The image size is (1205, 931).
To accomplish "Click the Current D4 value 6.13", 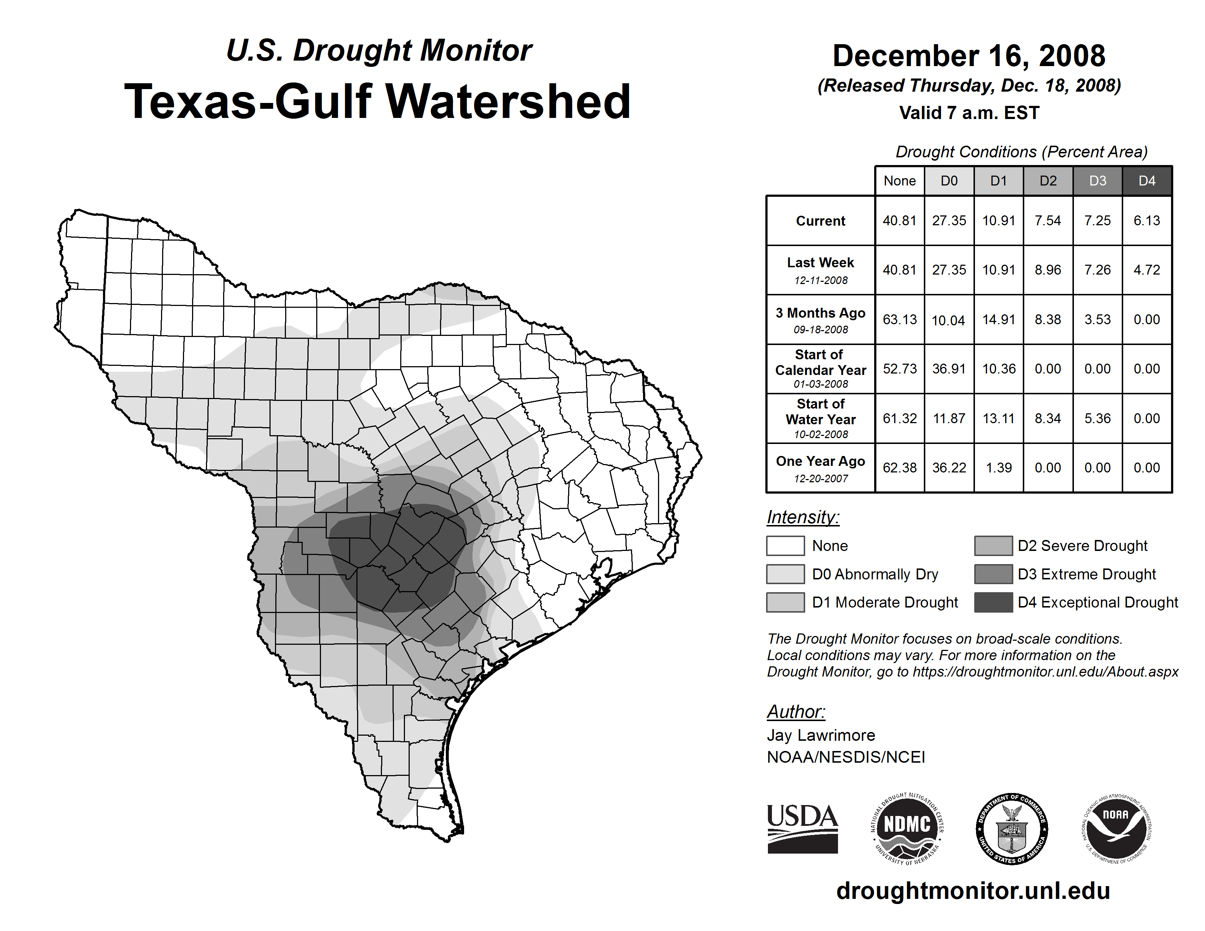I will (1147, 221).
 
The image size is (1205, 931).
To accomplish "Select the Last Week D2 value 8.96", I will (1048, 270).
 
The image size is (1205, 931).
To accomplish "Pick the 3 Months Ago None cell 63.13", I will (899, 319).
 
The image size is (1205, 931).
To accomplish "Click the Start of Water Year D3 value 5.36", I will (1097, 418).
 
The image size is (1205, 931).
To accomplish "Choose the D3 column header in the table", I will (1097, 181).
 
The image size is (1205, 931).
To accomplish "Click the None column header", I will (899, 181).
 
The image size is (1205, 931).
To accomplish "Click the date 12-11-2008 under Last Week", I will (820, 280).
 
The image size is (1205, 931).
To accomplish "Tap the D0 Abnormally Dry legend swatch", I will (785, 574).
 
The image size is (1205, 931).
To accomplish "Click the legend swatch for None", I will (785, 545).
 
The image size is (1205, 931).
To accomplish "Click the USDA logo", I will (802, 828).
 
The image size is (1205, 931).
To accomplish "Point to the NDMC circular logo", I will (907, 828).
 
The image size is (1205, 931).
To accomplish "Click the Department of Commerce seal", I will (1012, 828).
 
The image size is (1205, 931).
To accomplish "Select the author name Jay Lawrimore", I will (820, 735).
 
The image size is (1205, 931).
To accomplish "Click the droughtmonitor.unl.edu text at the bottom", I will (973, 891).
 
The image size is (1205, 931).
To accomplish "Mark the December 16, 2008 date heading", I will (969, 56).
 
